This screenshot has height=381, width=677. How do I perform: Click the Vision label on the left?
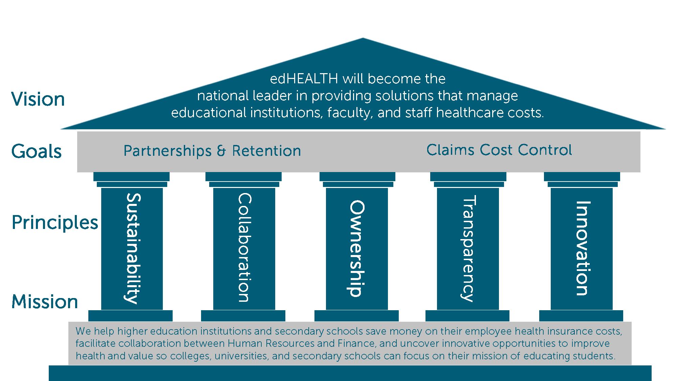[38, 99]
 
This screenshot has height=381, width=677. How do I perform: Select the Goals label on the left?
[37, 151]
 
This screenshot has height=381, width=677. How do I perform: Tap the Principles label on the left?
[55, 223]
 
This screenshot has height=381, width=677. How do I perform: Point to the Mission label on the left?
[45, 302]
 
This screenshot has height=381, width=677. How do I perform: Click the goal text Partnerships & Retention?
[212, 151]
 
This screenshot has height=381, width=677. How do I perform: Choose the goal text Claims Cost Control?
[499, 150]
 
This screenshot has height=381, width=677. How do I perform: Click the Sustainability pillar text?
[133, 248]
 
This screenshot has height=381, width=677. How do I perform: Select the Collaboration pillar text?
[244, 248]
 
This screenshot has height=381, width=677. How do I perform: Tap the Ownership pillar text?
[357, 248]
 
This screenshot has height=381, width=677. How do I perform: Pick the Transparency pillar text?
[468, 248]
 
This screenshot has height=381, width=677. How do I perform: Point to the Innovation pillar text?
[583, 248]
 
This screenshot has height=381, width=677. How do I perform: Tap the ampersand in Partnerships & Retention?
[221, 151]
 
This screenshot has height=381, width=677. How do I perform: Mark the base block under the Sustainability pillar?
[130, 316]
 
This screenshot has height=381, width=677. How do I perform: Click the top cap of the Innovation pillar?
[582, 176]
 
